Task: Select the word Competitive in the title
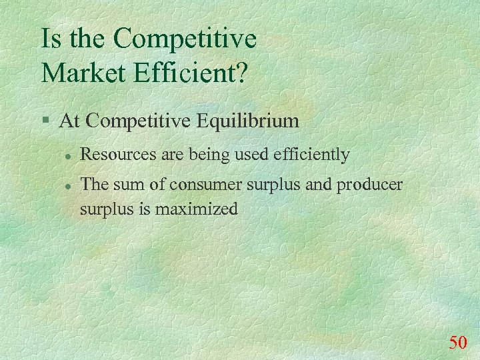pyautogui.click(x=185, y=39)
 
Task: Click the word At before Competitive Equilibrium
pyautogui.click(x=70, y=121)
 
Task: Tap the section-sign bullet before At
pyautogui.click(x=45, y=121)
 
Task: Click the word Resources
pyautogui.click(x=117, y=155)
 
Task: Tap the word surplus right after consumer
pyautogui.click(x=269, y=184)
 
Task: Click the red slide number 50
pyautogui.click(x=458, y=343)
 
